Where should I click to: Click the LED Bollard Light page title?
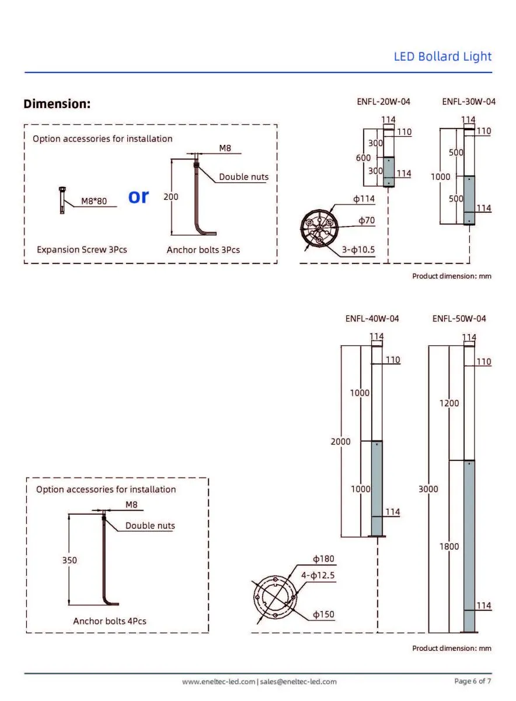[x=442, y=57]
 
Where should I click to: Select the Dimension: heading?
[x=57, y=103]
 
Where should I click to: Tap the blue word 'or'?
[x=138, y=196]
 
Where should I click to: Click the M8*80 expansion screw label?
[x=94, y=201]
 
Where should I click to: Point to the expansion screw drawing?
[x=62, y=200]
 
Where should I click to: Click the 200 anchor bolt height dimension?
[x=171, y=197]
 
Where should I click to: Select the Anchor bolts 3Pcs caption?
[x=203, y=250]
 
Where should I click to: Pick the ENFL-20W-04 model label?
[x=383, y=102]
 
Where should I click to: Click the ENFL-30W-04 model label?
[x=469, y=102]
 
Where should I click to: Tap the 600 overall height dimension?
[x=364, y=158]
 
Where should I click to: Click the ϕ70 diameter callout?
[x=367, y=221]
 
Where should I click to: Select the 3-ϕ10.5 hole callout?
[x=358, y=250]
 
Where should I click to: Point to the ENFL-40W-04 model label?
[x=372, y=319]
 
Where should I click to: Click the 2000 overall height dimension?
[x=340, y=442]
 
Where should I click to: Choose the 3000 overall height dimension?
[x=428, y=489]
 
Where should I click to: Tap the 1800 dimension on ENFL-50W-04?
[x=449, y=546]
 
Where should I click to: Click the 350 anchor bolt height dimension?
[x=69, y=560]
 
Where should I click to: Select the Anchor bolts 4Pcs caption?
[x=110, y=621]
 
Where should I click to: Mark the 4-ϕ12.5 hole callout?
[x=318, y=575]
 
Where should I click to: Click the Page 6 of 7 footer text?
[x=473, y=681]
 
